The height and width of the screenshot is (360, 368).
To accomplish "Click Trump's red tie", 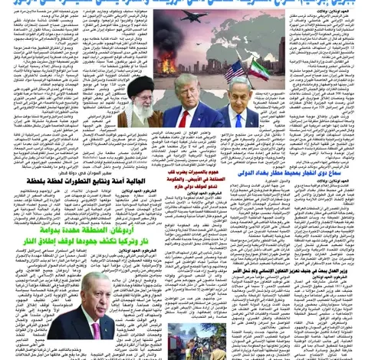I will click(183, 116).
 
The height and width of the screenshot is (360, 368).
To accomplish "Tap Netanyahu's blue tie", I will click(239, 119).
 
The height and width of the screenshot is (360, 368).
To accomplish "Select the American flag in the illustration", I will click(235, 72).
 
